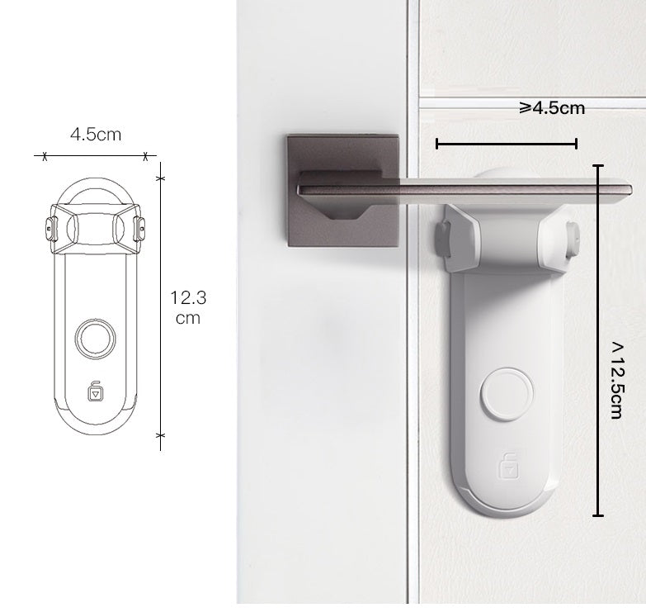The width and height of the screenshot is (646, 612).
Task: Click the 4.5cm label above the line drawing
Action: pyautogui.click(x=96, y=135)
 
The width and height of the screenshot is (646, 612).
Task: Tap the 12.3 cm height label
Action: pyautogui.click(x=186, y=306)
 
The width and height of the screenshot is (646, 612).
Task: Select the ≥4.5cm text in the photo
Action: pyautogui.click(x=552, y=108)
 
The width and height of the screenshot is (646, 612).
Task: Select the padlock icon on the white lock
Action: pyautogui.click(x=506, y=467)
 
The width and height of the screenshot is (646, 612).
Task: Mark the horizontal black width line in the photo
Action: pyautogui.click(x=506, y=145)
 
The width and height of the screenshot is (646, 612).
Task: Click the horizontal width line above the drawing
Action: pyautogui.click(x=94, y=155)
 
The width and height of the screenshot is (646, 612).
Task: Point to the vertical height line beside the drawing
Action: pyautogui.click(x=160, y=306)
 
